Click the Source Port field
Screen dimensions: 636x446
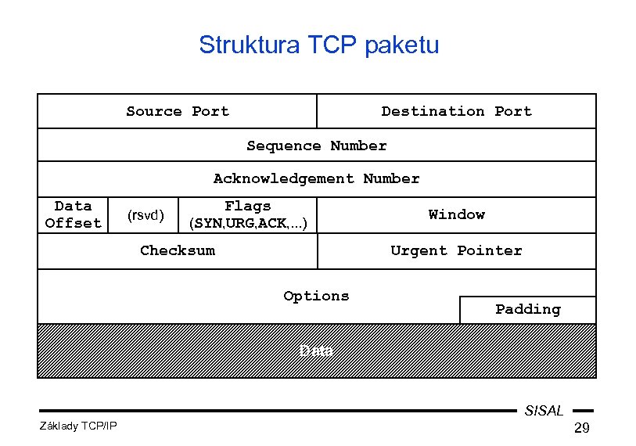pyautogui.click(x=178, y=111)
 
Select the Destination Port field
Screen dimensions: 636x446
pyautogui.click(x=456, y=111)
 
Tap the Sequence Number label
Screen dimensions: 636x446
pyautogui.click(x=316, y=146)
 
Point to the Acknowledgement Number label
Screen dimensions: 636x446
pyautogui.click(x=316, y=179)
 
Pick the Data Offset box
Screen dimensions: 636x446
pyautogui.click(x=74, y=214)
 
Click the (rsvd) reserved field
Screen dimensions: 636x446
pyautogui.click(x=146, y=215)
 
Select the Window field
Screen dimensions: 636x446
pyautogui.click(x=456, y=214)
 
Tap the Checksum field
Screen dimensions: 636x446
pyautogui.click(x=178, y=250)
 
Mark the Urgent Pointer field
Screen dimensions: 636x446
pyautogui.click(x=456, y=250)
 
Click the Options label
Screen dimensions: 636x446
pyautogui.click(x=316, y=296)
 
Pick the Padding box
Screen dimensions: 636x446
pyautogui.click(x=527, y=309)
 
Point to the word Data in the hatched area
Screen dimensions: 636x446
pyautogui.click(x=317, y=351)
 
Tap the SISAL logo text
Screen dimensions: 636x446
pyautogui.click(x=544, y=411)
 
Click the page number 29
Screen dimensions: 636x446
pyautogui.click(x=581, y=427)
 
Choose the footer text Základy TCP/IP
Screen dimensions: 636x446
pyautogui.click(x=77, y=426)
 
